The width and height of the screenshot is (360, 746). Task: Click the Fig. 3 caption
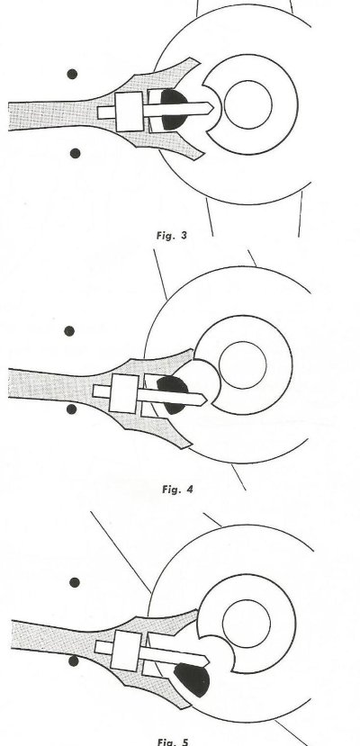(x=172, y=235)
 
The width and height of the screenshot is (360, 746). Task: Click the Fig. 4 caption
(x=177, y=490)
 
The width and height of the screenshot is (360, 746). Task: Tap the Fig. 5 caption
(x=173, y=742)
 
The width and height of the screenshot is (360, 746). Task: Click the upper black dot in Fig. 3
(x=72, y=74)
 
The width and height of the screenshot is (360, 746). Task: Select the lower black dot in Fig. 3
(x=75, y=153)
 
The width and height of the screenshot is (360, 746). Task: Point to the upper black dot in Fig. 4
(x=69, y=330)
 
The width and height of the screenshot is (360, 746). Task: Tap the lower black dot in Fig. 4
(x=71, y=409)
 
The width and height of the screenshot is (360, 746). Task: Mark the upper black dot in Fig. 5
(x=75, y=582)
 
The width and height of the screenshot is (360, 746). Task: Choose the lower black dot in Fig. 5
(x=73, y=661)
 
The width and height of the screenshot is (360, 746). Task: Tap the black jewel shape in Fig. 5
(x=193, y=680)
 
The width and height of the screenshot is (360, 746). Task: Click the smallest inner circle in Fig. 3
(x=248, y=81)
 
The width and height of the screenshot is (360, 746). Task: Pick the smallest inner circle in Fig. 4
(x=242, y=342)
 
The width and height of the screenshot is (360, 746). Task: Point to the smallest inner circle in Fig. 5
(x=247, y=600)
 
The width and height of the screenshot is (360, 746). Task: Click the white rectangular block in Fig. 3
(x=130, y=112)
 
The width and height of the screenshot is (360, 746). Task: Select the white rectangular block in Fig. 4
(x=123, y=393)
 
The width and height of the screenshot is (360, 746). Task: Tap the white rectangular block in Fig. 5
(x=126, y=651)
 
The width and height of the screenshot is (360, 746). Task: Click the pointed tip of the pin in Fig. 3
(x=213, y=109)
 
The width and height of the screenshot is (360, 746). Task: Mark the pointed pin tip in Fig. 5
(x=209, y=661)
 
